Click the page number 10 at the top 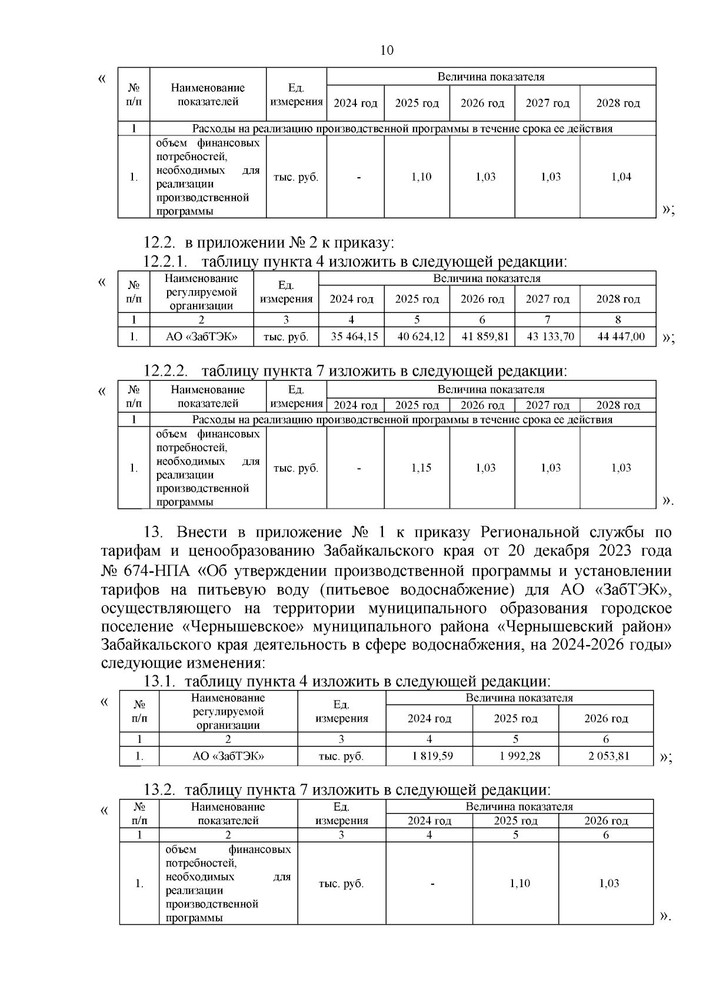click(x=387, y=50)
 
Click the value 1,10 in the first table click(x=421, y=177)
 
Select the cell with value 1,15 click(x=421, y=468)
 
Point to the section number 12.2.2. click(x=166, y=371)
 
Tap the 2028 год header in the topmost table click(x=618, y=104)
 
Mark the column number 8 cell click(x=618, y=320)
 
